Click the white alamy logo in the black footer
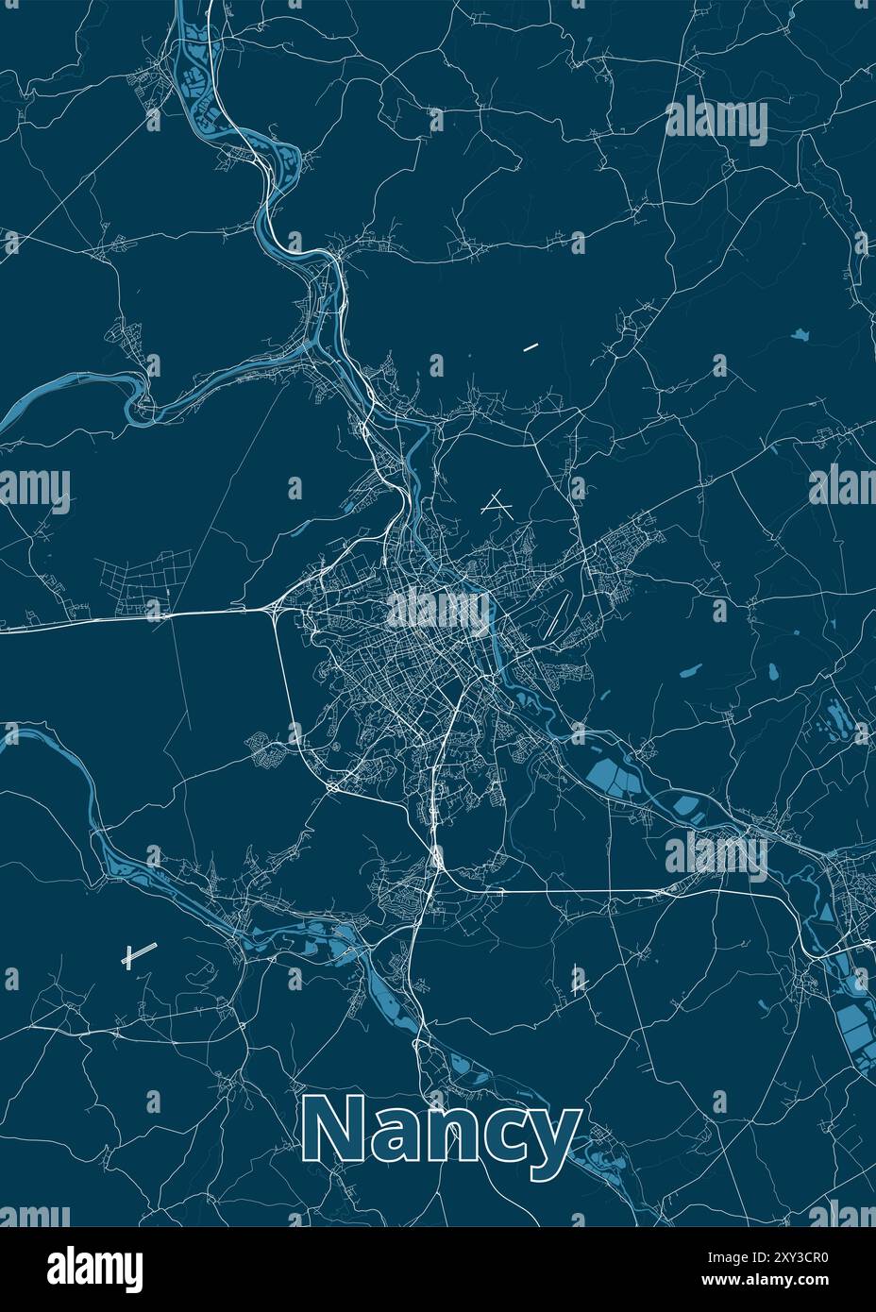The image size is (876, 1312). (x=95, y=1265)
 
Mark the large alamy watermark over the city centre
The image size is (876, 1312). (x=438, y=609)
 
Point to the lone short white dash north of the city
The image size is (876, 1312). (x=530, y=347)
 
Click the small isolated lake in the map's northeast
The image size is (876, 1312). (x=801, y=334)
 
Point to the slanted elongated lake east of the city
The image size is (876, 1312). (x=691, y=673)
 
